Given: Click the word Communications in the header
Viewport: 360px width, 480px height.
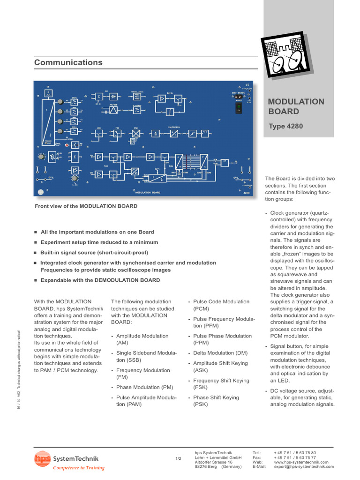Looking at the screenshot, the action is [x=68, y=62].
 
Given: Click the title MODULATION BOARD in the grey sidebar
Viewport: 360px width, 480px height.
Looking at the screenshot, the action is [x=289, y=106].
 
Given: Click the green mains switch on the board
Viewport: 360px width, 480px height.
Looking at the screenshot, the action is [x=238, y=108].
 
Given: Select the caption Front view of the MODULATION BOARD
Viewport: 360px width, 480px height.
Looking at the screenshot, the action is [x=86, y=206].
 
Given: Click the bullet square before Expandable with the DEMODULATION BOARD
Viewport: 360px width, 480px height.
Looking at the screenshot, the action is [x=36, y=280].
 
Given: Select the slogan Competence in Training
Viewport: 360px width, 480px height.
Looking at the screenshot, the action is [x=78, y=468].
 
